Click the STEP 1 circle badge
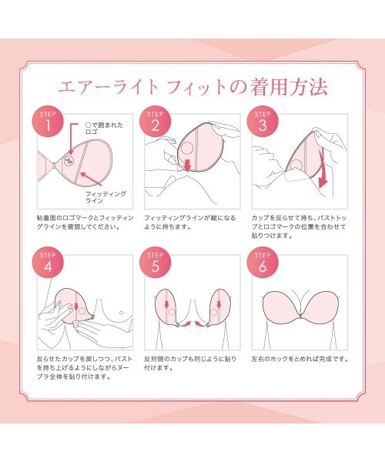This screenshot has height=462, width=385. pos(48,122)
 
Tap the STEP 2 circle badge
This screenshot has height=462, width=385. pos(156,122)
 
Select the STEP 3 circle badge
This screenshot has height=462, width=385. pos(263,122)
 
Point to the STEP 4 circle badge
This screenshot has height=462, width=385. pos(48,263)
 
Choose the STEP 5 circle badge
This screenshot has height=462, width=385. pos(156,263)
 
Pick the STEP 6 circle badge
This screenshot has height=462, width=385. pos(263,263)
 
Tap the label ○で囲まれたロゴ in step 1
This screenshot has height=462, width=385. pos(104,129)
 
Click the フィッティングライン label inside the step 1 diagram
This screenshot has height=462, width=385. pos(105,197)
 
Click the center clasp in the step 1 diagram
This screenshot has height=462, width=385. pos(55,166)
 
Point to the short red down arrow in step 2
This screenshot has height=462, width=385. pos(187,165)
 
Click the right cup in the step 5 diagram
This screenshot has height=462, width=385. pos(218,307)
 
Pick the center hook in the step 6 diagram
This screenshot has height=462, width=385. pos(300,316)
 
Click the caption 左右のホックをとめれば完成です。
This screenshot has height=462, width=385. pos(300,359)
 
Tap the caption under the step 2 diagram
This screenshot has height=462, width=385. pos(190,223)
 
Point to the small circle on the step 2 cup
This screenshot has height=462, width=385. pos(187,148)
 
